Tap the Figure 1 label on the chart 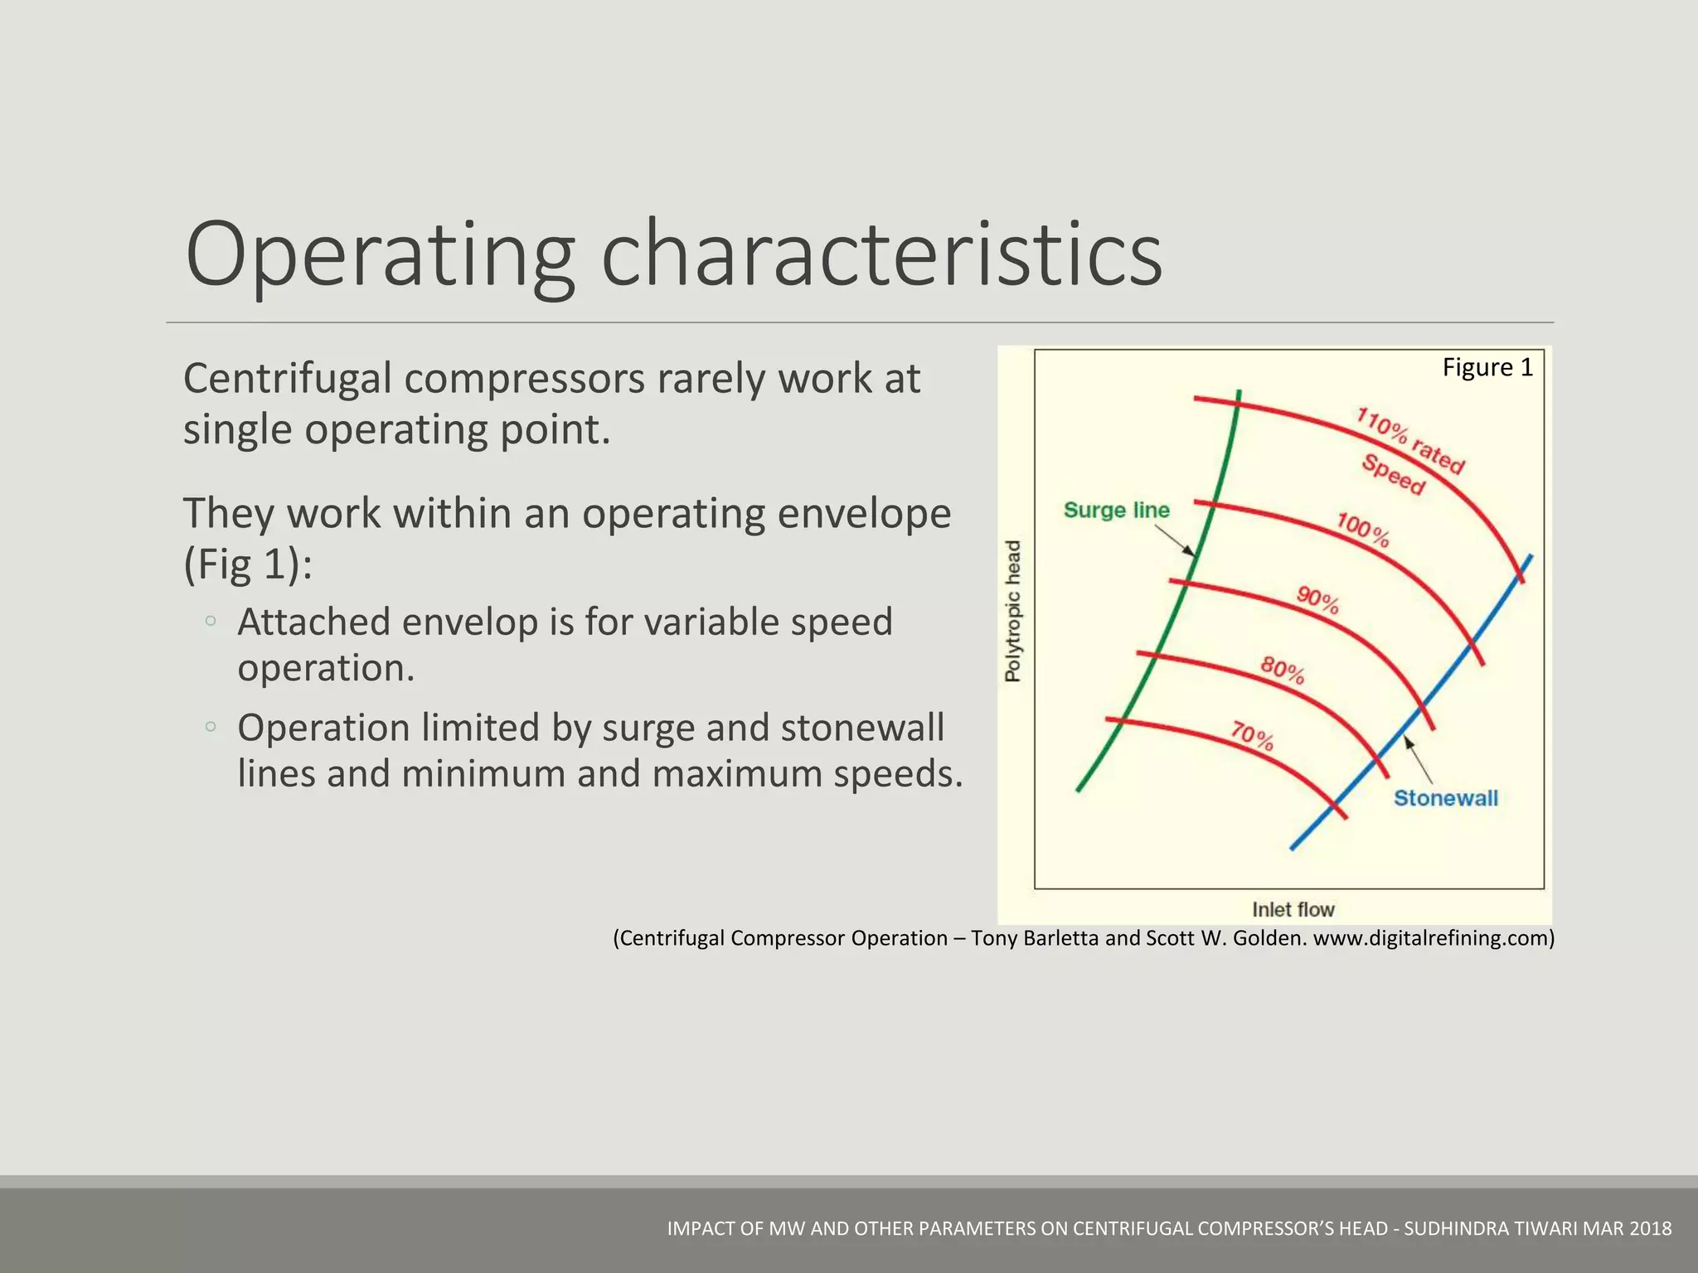coord(1487,367)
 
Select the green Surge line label coord(1116,510)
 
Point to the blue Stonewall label coord(1445,798)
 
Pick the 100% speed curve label coord(1362,530)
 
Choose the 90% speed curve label coord(1318,599)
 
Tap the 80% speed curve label coord(1283,670)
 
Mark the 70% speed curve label coord(1252,735)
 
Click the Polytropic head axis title coord(1013,611)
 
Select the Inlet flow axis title coord(1293,909)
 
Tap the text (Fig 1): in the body coord(248,565)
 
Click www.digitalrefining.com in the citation coord(1433,938)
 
